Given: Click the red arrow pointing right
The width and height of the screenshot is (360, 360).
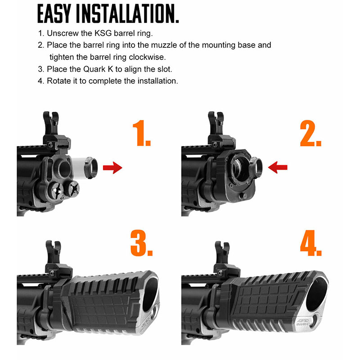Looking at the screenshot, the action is point(112,167).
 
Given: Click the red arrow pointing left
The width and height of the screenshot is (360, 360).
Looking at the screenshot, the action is point(278,167).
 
